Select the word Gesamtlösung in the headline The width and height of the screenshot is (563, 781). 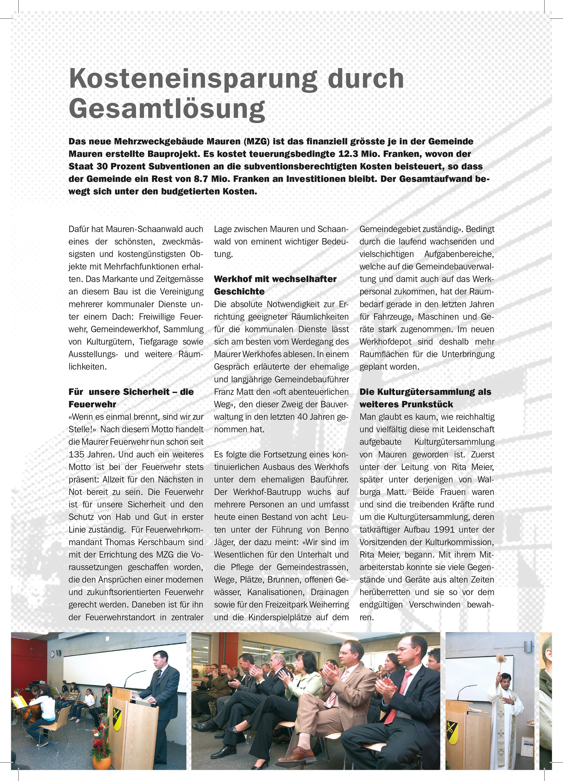pyautogui.click(x=167, y=109)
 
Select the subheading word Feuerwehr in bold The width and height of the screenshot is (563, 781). pyautogui.click(x=92, y=404)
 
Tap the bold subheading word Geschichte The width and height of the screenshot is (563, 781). pyautogui.click(x=239, y=292)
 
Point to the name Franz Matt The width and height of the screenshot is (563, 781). pyautogui.click(x=233, y=392)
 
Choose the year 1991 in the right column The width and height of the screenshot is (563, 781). pyautogui.click(x=445, y=530)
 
